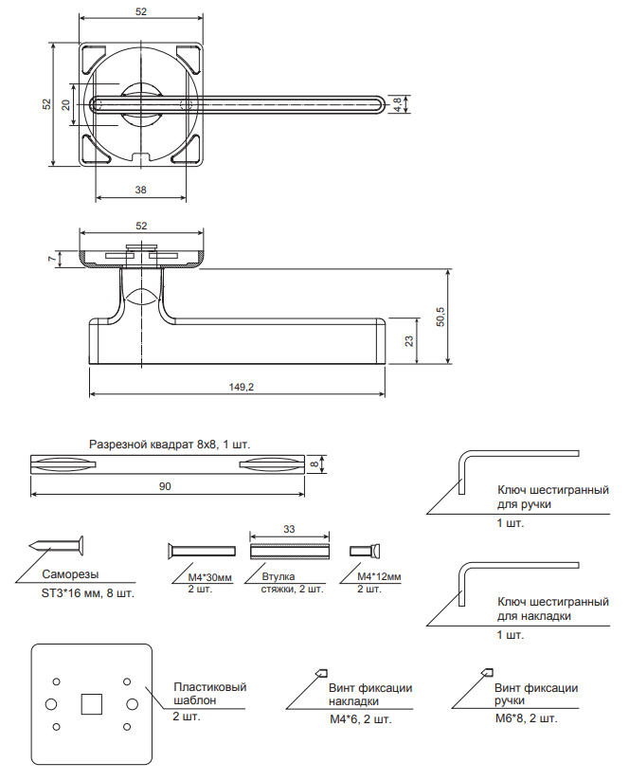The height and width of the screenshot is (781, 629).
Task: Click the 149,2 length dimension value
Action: tap(243, 387)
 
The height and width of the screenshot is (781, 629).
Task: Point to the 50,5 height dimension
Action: tap(439, 316)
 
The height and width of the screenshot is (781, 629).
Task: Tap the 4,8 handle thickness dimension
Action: tap(398, 103)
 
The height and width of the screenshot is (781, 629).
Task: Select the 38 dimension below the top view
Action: tap(140, 190)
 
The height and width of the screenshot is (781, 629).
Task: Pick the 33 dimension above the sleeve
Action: tap(288, 530)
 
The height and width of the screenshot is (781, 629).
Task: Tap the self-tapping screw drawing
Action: tap(57, 546)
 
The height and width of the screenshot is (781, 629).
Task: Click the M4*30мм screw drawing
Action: tap(201, 551)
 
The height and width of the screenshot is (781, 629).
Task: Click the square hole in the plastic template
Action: tap(91, 703)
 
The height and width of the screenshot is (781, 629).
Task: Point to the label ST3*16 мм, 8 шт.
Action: tap(87, 594)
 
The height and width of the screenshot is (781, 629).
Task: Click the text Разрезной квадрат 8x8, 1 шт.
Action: tap(170, 443)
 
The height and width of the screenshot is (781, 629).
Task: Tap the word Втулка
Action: tap(276, 575)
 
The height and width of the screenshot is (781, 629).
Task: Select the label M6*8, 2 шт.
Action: tap(526, 718)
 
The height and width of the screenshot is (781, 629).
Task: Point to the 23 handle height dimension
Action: tap(408, 341)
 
